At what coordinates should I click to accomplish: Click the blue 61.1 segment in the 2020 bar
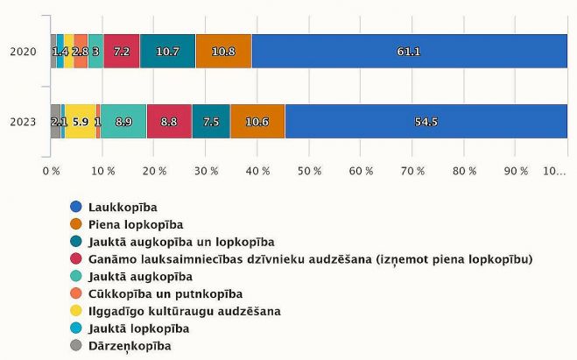coord(409,52)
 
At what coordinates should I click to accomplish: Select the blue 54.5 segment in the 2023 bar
coord(426,121)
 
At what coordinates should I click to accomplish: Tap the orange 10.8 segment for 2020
coord(223,52)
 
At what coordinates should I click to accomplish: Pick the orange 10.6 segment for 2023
coord(257,121)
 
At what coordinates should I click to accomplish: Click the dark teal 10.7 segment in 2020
coord(167,52)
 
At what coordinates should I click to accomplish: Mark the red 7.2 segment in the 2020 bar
coord(122,52)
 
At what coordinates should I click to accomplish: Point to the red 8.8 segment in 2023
coord(169,121)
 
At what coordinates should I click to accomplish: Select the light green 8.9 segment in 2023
coord(123,121)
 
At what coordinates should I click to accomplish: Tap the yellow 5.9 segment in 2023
coord(80,121)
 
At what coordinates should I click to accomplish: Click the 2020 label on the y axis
coord(23,52)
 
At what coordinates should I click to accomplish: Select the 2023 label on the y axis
coord(23,121)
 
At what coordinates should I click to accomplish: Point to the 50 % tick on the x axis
coord(310,171)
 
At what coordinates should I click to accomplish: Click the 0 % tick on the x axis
coord(51,171)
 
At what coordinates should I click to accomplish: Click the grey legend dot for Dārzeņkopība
coord(76,346)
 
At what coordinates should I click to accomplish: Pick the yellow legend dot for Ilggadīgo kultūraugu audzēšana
coord(76,311)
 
